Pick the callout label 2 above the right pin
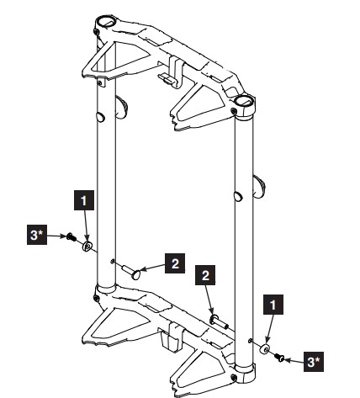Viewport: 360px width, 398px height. point(205,275)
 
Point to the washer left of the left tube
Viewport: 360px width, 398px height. point(87,246)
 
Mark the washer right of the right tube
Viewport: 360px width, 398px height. point(265,349)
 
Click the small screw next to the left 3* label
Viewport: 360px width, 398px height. point(72,239)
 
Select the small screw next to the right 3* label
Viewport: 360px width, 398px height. point(280,358)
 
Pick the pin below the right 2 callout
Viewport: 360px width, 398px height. point(218,321)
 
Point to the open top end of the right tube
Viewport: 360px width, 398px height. point(246,103)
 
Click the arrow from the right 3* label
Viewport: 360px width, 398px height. point(294,360)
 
